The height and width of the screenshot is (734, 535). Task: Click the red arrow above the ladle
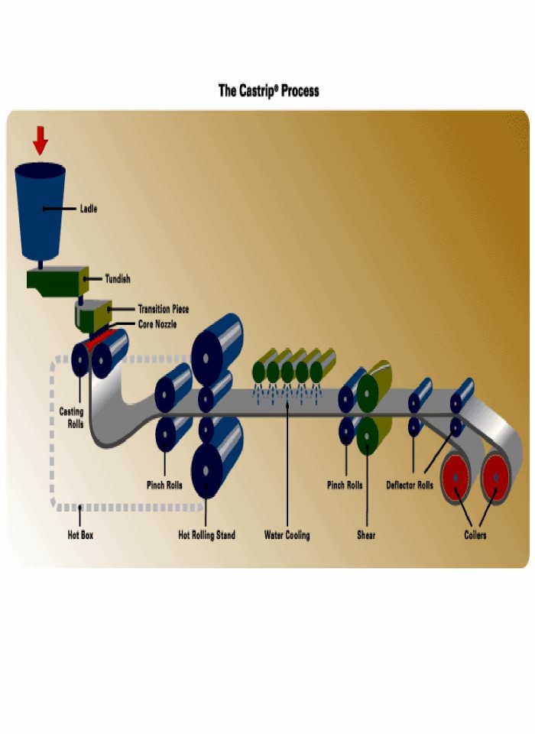tap(41, 141)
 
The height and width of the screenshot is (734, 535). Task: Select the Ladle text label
tap(89, 208)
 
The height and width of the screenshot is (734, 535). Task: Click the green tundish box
tap(56, 280)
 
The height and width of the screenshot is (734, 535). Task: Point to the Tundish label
tap(117, 279)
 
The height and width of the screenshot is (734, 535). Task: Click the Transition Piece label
tap(163, 309)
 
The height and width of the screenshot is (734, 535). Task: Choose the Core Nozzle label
tap(157, 324)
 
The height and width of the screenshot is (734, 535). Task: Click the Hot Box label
tap(80, 535)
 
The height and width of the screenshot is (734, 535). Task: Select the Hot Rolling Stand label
tap(206, 535)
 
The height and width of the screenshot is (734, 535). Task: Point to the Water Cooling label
tap(287, 535)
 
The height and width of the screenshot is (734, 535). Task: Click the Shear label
tap(366, 535)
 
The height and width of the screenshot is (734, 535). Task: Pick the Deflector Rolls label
tap(410, 486)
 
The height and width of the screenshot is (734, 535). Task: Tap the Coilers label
tap(475, 535)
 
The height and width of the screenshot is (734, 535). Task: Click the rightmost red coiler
tap(495, 479)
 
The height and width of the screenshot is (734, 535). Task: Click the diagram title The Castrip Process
tap(268, 91)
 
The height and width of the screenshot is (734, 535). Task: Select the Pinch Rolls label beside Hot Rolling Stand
tap(164, 486)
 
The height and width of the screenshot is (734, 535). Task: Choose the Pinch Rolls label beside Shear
tap(344, 486)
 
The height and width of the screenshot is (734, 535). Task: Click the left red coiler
tap(456, 479)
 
